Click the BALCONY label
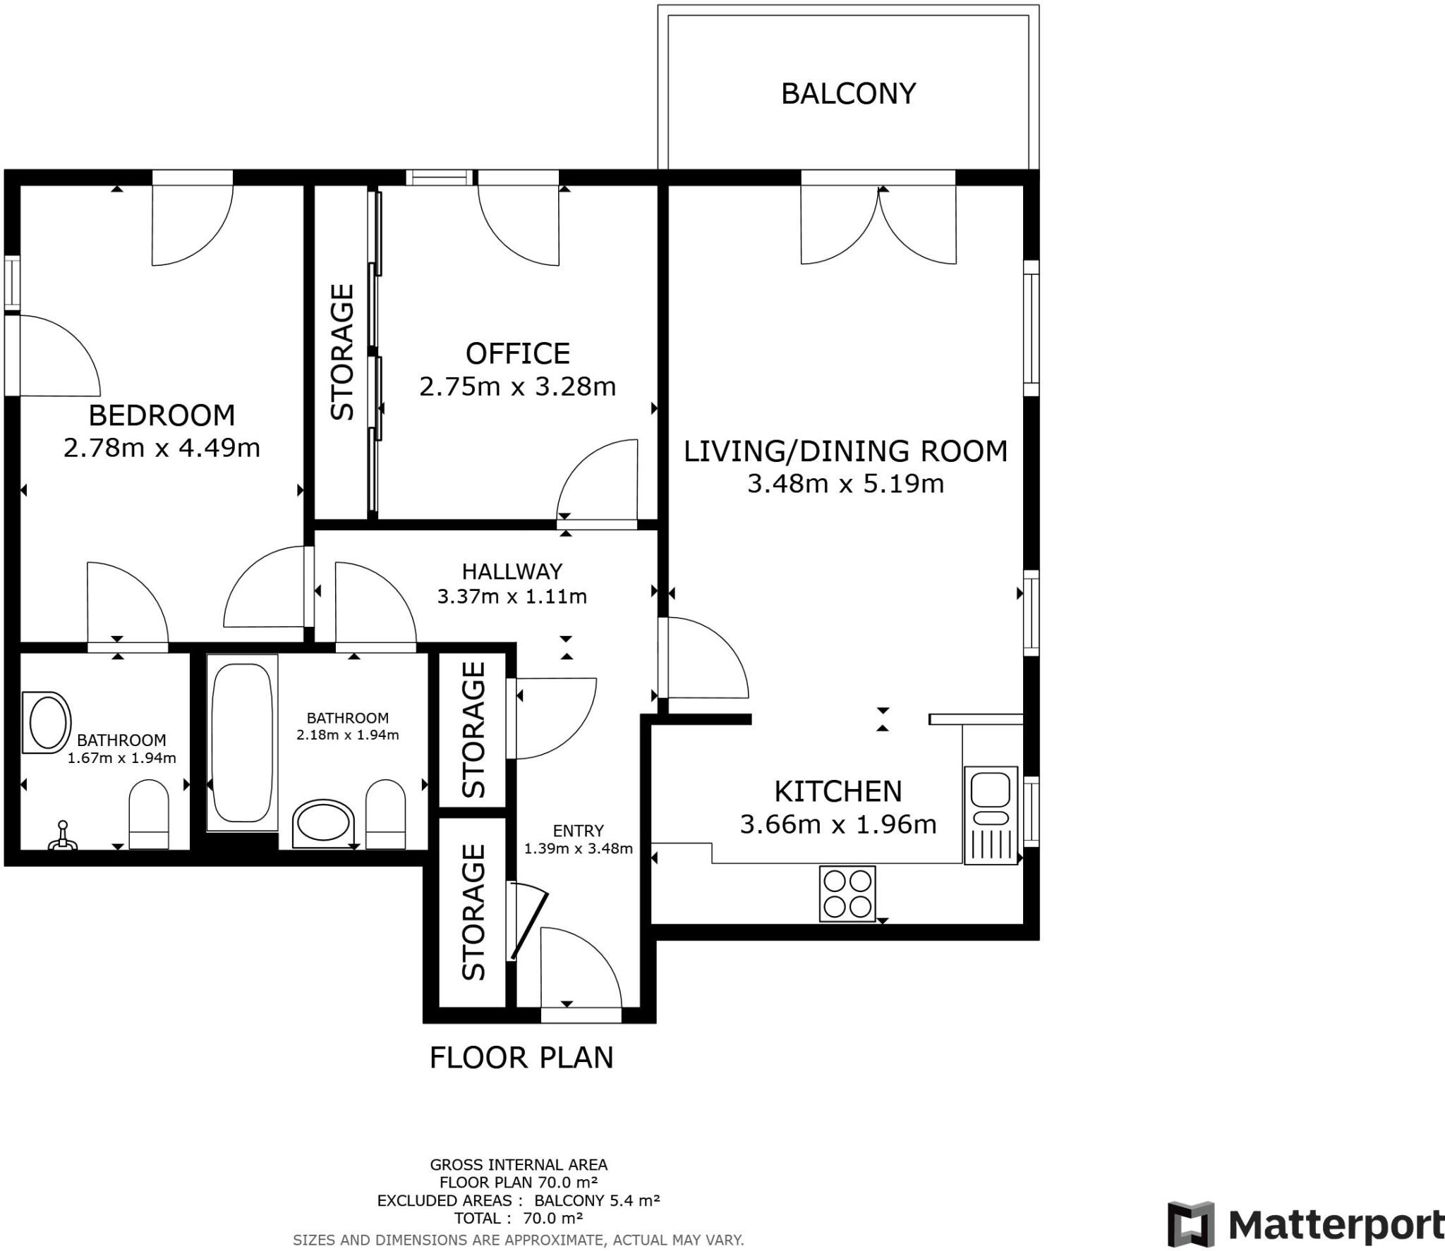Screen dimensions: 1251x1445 pos(848,94)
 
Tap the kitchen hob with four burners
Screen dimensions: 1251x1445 pos(847,893)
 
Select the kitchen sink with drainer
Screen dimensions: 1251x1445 pos(990,815)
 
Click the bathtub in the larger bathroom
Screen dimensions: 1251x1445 pos(242,743)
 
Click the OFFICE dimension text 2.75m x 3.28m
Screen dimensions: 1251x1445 pos(517,387)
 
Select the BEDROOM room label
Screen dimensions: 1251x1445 pos(162,415)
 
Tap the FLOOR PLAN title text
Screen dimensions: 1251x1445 pos(521,1058)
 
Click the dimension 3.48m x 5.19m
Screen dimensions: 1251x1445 pos(845,484)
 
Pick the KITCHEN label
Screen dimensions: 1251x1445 pos(838,792)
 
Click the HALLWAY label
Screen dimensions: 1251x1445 pos(512,571)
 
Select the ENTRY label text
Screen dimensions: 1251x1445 pos(578,831)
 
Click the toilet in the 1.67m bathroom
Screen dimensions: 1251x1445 pos(149,814)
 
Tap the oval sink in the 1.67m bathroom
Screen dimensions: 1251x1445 pos(47,723)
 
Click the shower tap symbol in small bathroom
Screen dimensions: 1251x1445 pos(63,836)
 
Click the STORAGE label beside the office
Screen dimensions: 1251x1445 pos(342,352)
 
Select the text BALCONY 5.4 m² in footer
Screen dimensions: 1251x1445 pos(597,1201)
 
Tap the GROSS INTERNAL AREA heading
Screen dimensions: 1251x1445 pos(519,1165)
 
